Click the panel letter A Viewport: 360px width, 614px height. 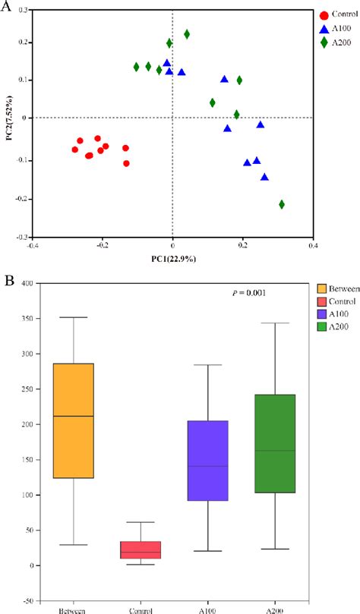tap(7, 7)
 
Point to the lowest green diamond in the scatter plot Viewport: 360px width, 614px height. tap(282, 204)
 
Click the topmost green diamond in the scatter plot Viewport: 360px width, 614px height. tap(187, 34)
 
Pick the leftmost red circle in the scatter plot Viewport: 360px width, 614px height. tap(74, 150)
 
